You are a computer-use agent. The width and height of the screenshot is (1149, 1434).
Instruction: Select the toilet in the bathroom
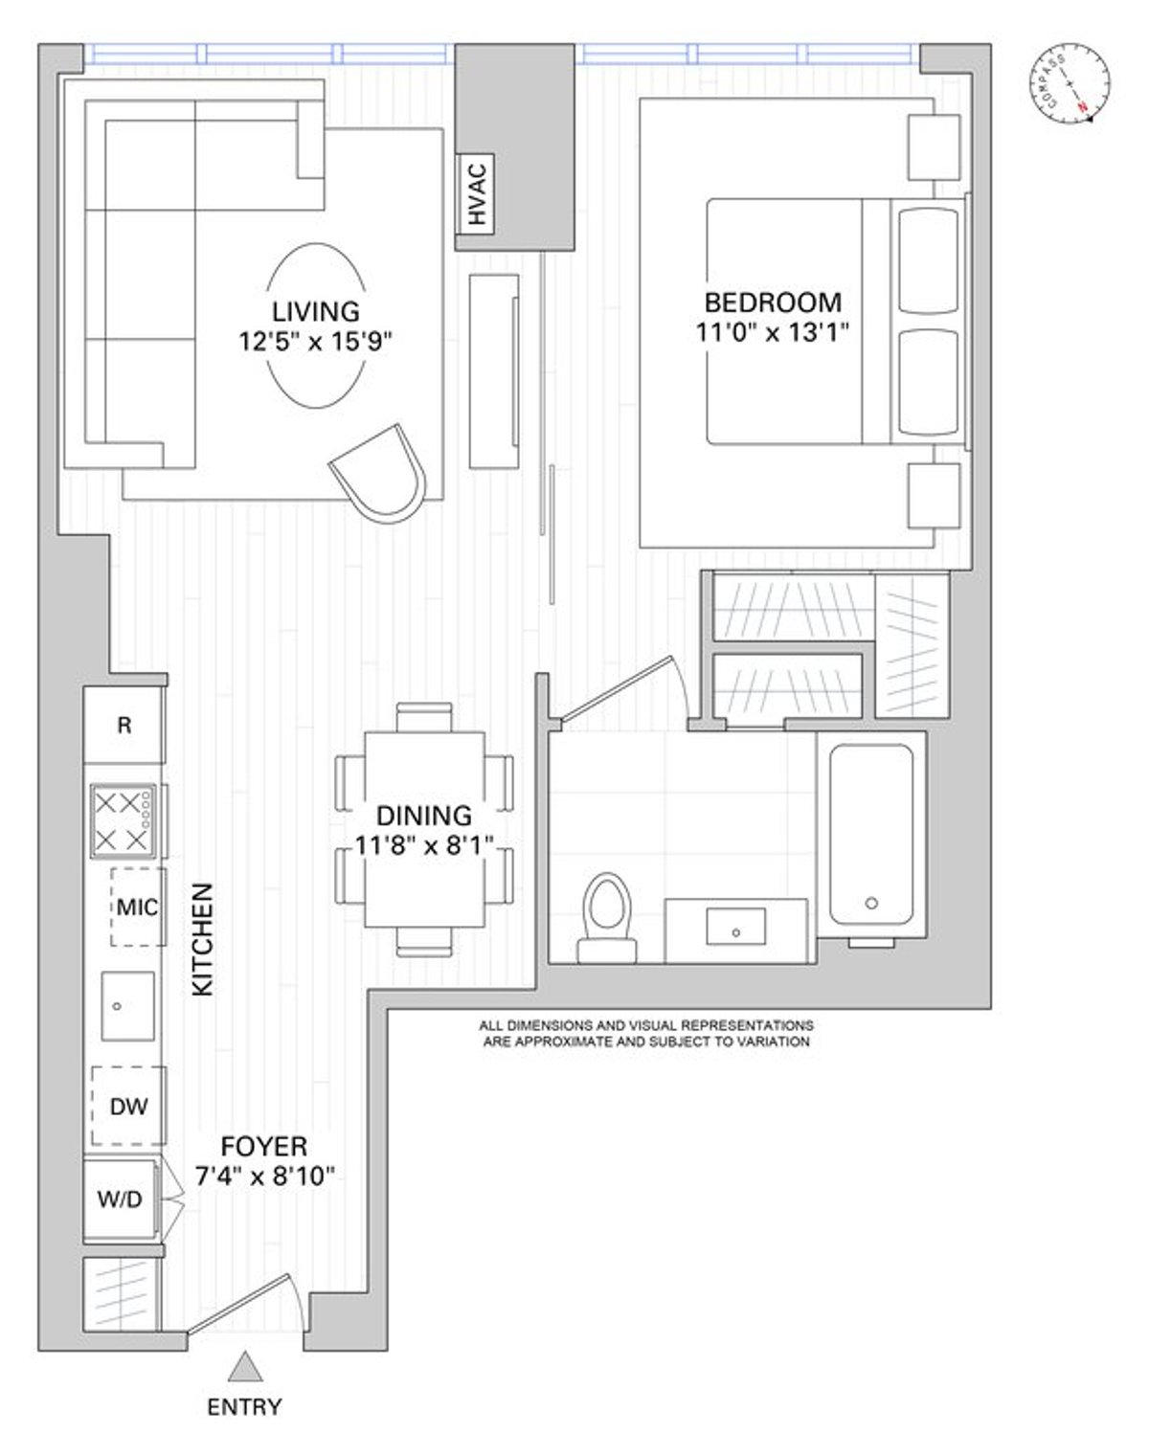607,916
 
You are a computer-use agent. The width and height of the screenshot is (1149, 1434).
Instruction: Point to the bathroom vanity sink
735,928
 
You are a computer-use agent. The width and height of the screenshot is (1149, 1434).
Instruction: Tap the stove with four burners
123,819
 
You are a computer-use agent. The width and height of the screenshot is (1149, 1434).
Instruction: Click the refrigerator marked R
124,726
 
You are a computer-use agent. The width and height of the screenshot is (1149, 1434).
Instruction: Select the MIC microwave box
137,907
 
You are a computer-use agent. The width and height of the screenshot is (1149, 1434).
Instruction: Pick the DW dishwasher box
129,1107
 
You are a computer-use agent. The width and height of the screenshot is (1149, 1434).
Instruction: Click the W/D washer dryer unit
122,1198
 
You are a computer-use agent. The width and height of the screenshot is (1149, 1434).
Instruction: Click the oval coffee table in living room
315,325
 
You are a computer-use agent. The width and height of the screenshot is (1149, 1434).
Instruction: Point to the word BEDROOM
773,302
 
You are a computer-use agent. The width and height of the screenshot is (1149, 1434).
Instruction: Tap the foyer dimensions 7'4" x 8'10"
264,1176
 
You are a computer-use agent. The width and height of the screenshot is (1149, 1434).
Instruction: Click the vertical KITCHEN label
203,939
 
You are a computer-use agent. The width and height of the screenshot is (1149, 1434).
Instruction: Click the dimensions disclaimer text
646,1033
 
